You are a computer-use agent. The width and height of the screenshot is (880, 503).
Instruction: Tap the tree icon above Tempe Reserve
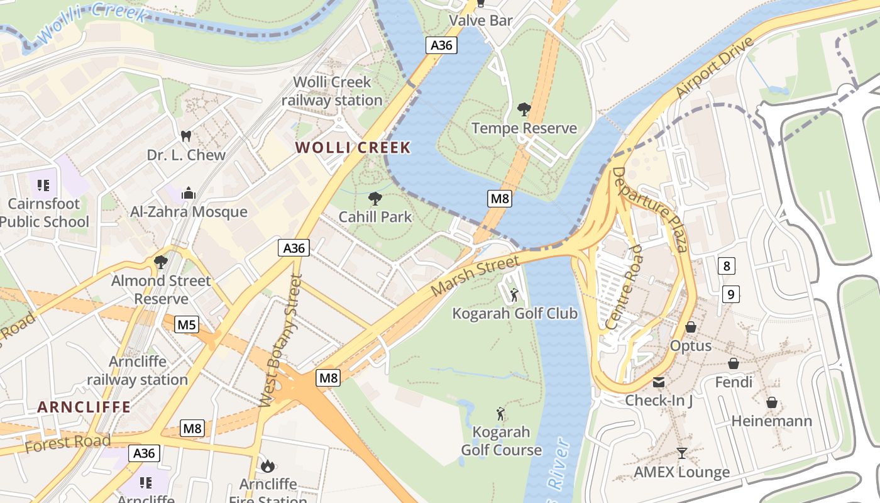click(524, 110)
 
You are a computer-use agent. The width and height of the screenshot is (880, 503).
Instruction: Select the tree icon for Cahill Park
click(375, 199)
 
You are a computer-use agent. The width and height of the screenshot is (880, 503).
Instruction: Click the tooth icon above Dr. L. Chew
click(185, 136)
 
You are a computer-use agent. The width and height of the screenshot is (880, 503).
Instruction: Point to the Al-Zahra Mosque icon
click(188, 194)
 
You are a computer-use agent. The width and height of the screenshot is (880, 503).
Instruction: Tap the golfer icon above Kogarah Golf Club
click(514, 294)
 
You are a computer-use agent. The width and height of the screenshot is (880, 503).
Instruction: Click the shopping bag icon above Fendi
click(733, 363)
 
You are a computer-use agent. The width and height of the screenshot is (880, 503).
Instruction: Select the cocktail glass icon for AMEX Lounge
click(681, 453)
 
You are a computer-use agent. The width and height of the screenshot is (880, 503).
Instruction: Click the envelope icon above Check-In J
click(658, 382)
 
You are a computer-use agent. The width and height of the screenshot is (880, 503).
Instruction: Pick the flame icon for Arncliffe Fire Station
click(268, 466)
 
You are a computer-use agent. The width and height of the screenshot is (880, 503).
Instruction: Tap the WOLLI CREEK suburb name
click(353, 148)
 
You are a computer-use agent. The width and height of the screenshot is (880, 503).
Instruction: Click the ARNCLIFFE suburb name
click(84, 407)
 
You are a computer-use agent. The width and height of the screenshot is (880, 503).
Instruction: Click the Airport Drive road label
click(715, 67)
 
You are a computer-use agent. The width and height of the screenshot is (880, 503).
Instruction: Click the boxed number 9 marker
click(730, 294)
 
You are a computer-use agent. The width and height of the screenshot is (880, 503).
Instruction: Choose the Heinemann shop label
click(771, 421)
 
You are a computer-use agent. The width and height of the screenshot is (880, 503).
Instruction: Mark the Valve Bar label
click(481, 20)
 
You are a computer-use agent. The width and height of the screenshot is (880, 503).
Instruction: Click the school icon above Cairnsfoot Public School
click(43, 185)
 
